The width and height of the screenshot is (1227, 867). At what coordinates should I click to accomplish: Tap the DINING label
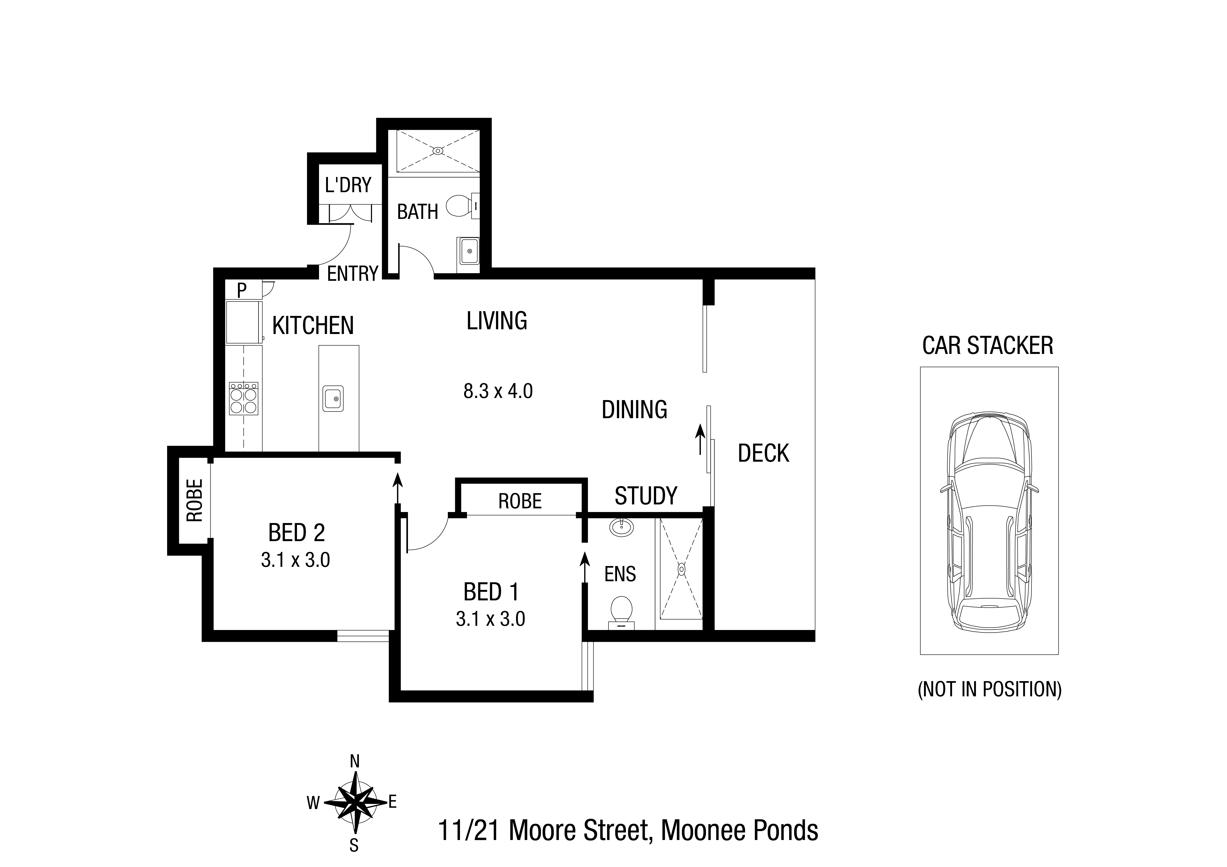pyautogui.click(x=634, y=410)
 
